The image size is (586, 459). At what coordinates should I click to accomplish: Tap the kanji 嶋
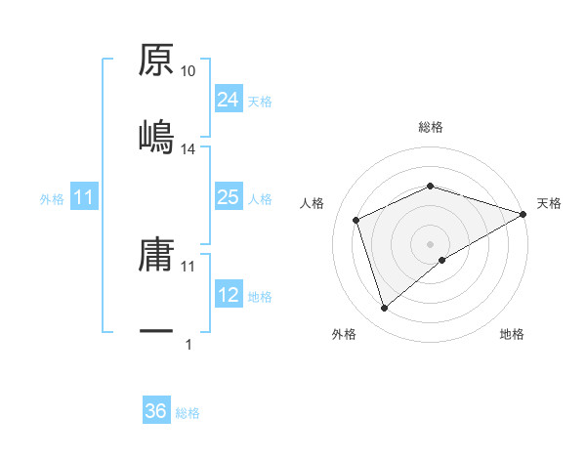[156, 135]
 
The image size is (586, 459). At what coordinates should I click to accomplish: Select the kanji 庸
[156, 255]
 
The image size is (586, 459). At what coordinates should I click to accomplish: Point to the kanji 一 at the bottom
[156, 332]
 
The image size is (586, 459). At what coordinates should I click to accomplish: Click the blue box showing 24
[228, 100]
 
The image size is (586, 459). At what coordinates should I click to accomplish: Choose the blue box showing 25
[228, 198]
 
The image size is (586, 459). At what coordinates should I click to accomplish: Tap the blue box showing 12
[228, 296]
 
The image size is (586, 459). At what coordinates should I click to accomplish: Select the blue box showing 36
[155, 411]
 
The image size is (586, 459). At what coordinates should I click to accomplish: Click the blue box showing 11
[84, 198]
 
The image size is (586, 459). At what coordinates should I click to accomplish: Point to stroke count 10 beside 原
[188, 71]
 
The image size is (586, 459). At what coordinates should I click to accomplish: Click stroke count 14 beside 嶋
[188, 149]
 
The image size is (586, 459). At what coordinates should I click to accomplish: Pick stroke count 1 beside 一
[188, 345]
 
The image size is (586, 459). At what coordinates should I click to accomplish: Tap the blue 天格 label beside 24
[260, 101]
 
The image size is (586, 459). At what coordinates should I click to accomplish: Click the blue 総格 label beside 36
[188, 412]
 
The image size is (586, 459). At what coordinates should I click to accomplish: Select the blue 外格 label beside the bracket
[52, 199]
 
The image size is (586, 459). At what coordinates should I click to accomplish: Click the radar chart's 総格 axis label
[431, 127]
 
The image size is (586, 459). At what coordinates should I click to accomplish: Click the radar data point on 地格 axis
[442, 260]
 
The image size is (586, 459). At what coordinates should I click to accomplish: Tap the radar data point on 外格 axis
[384, 309]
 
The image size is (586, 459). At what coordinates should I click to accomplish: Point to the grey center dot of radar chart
[431, 243]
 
